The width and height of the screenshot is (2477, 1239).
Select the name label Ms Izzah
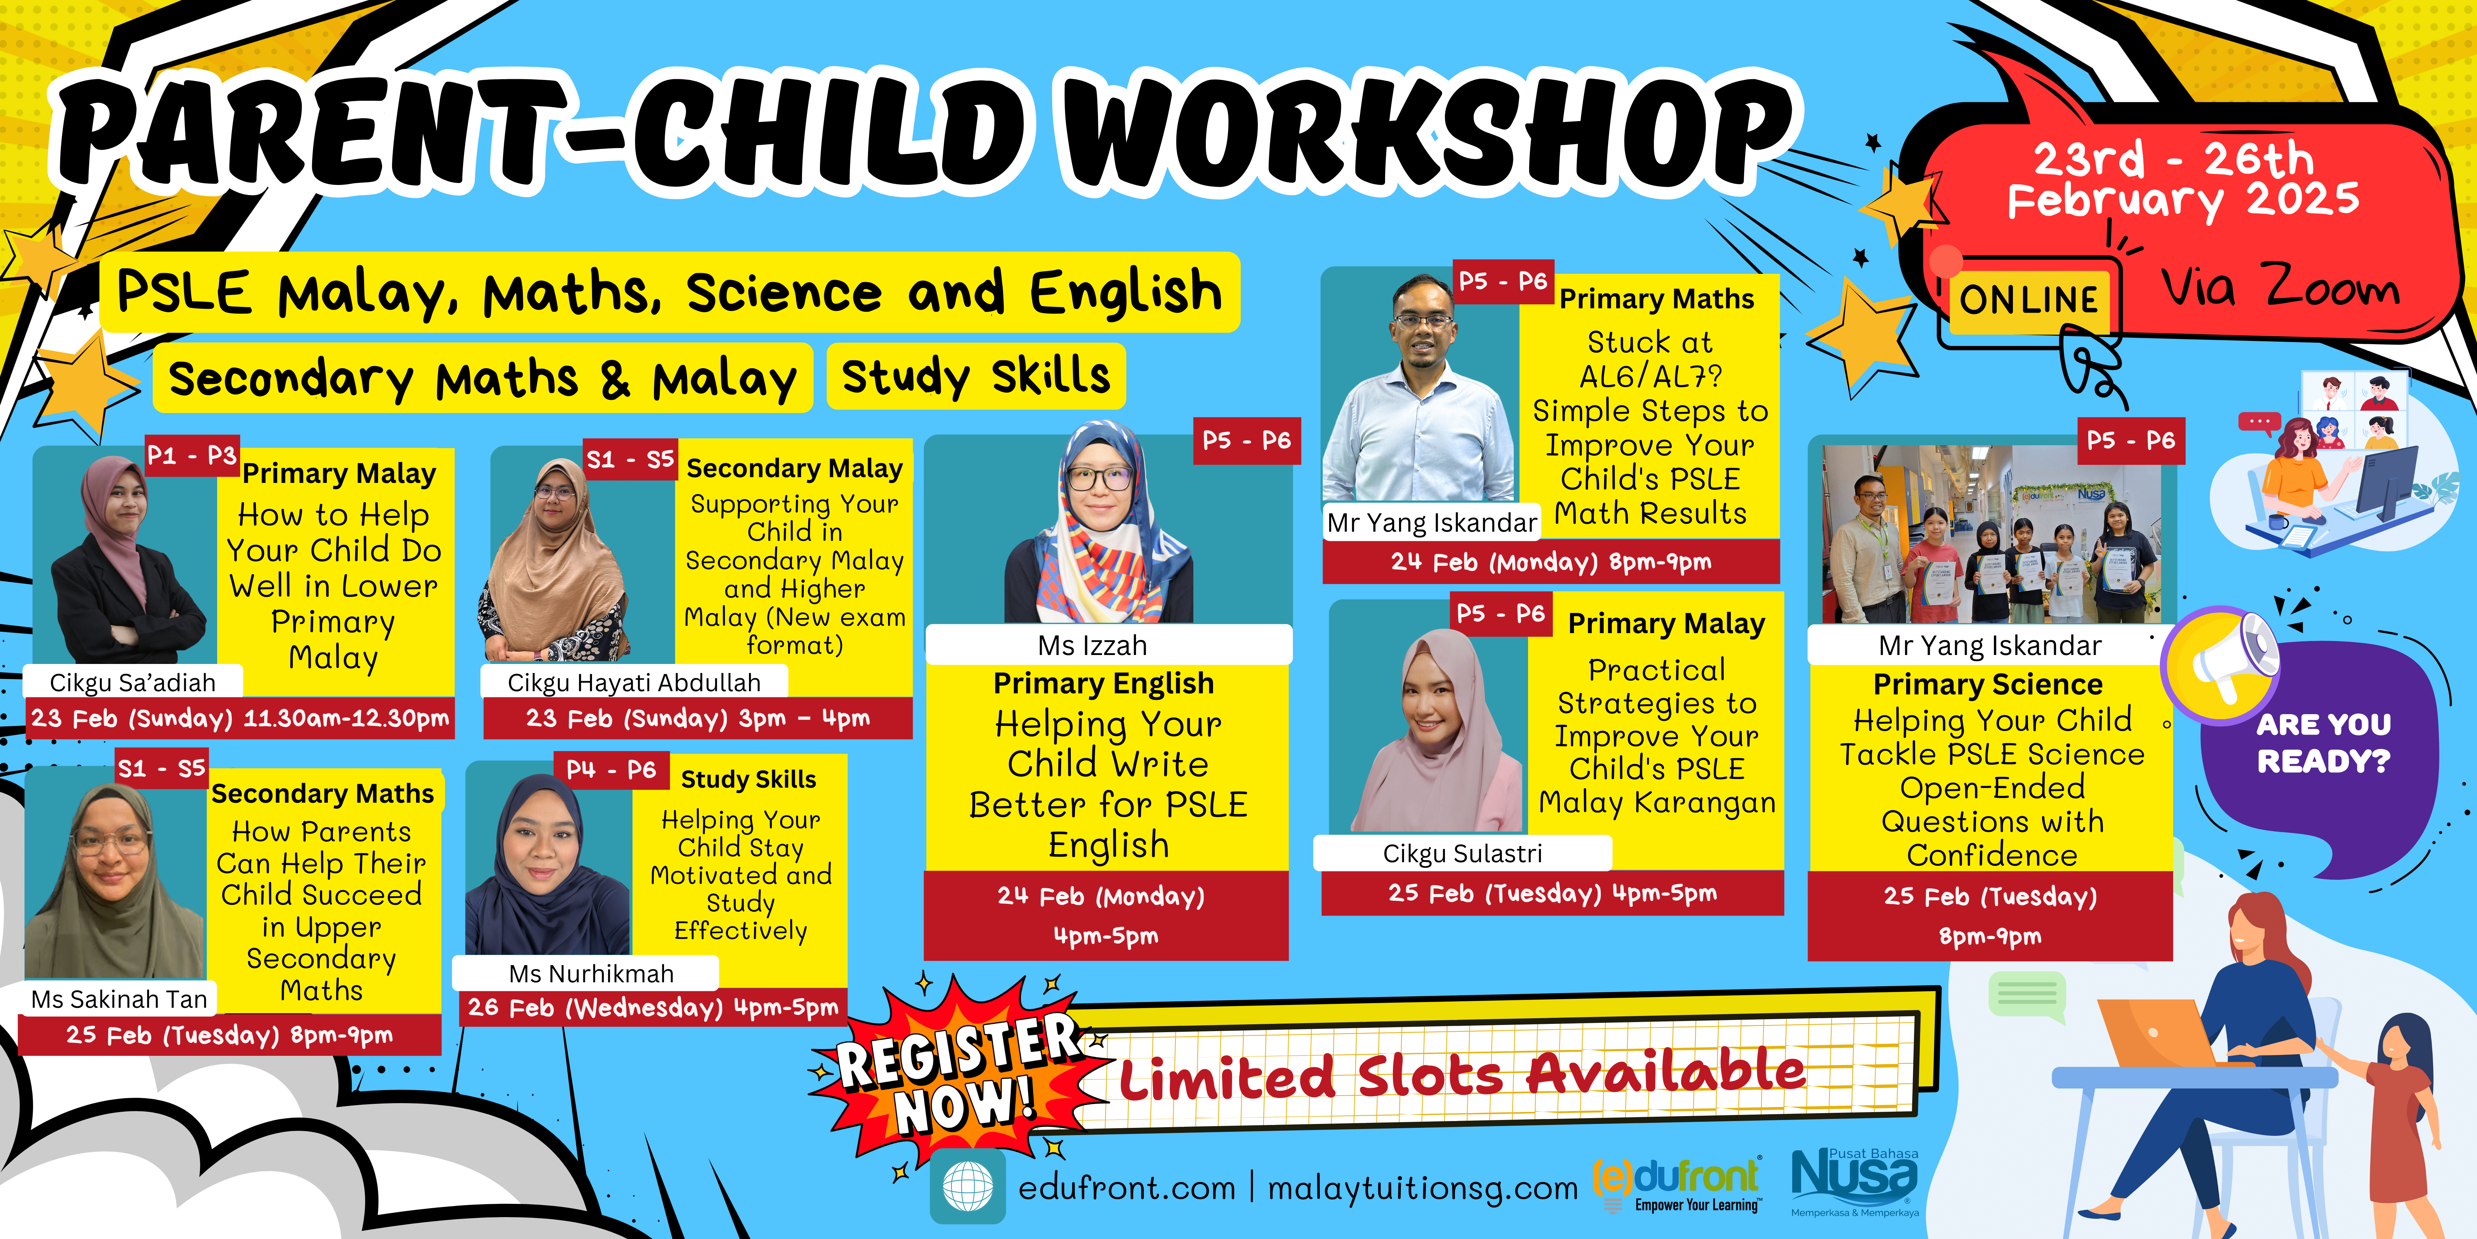(1092, 645)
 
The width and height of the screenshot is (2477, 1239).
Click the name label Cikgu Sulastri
(1462, 853)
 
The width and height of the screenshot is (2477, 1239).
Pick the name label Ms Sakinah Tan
(119, 1000)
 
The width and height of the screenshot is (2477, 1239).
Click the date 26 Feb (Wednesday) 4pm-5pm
(653, 1007)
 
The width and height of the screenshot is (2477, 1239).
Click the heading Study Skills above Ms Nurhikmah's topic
(748, 779)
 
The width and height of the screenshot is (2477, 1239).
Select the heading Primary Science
(1987, 684)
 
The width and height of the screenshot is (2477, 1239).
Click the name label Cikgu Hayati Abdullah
(634, 682)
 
